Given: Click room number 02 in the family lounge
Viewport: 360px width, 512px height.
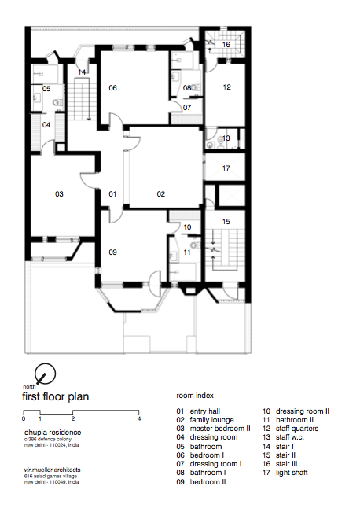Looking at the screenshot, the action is pos(161,194).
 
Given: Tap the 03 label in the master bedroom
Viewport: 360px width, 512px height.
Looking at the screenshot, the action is pos(59,194).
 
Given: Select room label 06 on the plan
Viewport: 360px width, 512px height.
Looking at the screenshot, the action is pos(112,88).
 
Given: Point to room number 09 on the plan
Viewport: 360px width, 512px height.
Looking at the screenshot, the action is pos(112,252).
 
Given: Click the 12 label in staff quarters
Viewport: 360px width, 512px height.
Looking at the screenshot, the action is pos(227,87).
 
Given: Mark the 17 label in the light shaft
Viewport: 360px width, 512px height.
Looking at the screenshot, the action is pos(226,168).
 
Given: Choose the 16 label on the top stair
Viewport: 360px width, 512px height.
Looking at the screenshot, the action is pos(226,44).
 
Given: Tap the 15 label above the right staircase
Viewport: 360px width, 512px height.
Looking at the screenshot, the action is pos(226,221).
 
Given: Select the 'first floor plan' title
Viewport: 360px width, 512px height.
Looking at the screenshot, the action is pos(56,396).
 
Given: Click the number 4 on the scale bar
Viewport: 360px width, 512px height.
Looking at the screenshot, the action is pos(139,418).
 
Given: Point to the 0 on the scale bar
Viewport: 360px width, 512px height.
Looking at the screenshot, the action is pos(24,418).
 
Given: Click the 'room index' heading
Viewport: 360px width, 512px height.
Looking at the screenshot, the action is pos(195,396).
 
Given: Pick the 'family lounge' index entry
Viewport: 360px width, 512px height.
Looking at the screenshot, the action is pos(211,420).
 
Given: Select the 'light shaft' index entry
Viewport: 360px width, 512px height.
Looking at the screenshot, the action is pos(292,473).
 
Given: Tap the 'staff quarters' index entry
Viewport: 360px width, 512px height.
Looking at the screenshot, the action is pos(297,429).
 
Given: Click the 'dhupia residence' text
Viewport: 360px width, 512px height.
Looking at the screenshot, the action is pos(53,433).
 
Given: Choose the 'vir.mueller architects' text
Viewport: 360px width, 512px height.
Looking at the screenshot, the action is pos(52,470).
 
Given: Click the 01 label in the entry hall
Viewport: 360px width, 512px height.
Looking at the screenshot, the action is pos(112,194).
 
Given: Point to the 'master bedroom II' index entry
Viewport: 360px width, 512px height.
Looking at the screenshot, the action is pos(220,429).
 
